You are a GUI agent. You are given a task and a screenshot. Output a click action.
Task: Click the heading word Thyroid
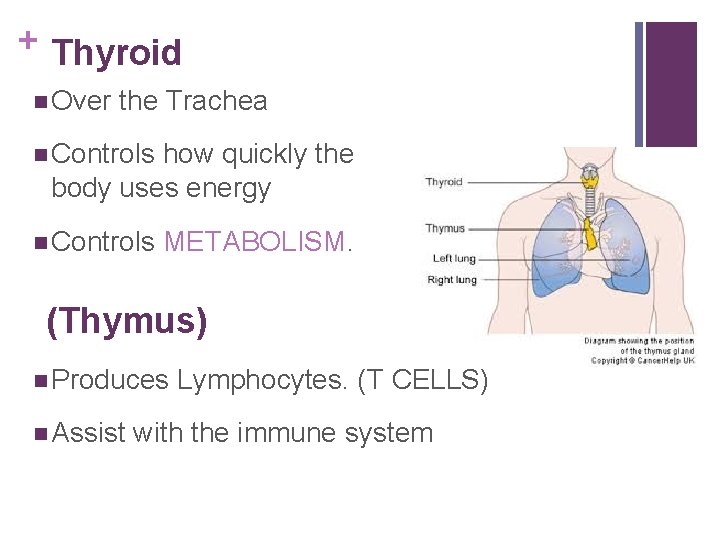(x=116, y=52)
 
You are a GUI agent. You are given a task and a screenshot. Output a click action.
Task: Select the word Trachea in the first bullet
(x=217, y=100)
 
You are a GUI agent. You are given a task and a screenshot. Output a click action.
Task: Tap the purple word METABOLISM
(x=254, y=242)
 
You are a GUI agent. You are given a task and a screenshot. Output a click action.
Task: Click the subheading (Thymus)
(x=127, y=322)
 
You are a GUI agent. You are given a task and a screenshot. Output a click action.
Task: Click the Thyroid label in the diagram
(x=444, y=182)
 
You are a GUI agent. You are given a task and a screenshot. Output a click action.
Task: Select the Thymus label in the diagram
(x=445, y=228)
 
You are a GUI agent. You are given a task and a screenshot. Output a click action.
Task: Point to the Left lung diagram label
(x=453, y=258)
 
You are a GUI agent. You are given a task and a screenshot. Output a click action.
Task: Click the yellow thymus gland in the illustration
(x=591, y=235)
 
